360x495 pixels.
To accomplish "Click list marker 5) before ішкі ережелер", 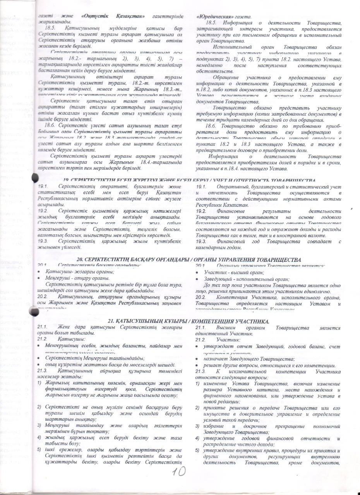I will click(39, 449).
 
